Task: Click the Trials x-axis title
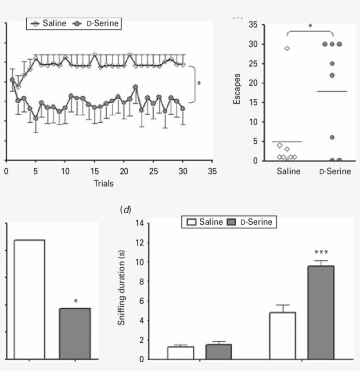coord(104,183)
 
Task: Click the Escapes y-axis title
coord(237,92)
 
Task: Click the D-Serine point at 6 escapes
coord(332,138)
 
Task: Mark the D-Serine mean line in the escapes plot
coord(332,91)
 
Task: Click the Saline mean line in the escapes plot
coord(287,142)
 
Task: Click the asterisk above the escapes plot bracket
coord(310,25)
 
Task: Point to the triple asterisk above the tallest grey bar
coord(321,253)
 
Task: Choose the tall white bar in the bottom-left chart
coord(29,299)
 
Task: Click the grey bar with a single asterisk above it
coord(75,333)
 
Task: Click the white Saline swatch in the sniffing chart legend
coord(191,222)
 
